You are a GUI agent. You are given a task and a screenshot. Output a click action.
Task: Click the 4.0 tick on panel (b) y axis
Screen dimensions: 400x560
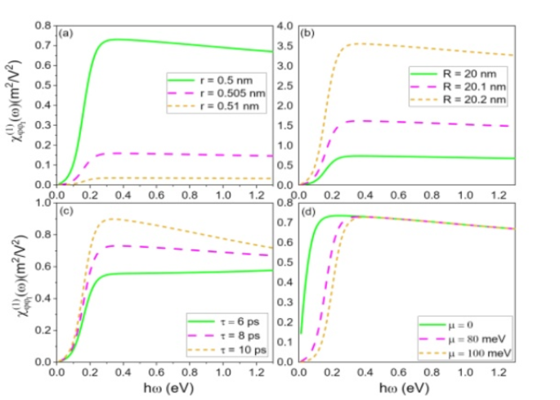coord(286,26)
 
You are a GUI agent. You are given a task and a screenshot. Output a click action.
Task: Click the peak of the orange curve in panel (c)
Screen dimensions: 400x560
coord(111,218)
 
